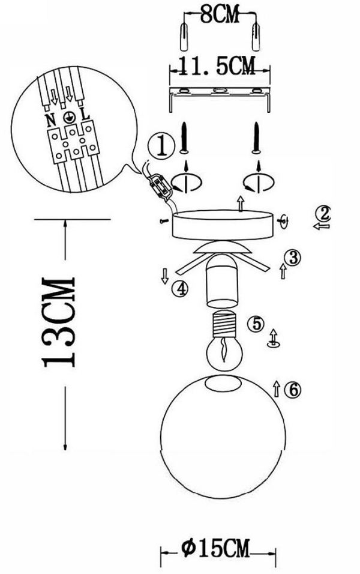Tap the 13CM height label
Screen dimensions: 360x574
coord(59,322)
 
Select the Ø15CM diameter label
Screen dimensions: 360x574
coord(216,548)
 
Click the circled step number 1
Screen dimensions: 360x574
coord(161,146)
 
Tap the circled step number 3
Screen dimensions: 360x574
coord(293,258)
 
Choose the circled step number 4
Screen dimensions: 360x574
coord(180,289)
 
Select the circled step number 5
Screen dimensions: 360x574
coord(256,324)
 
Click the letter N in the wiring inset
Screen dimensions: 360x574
coord(50,119)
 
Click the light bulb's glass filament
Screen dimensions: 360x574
coord(224,351)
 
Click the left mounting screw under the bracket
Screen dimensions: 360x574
coord(185,138)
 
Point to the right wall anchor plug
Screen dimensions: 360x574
coord(256,37)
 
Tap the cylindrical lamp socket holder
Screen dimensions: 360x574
coord(222,280)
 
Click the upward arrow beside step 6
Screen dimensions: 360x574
coord(277,388)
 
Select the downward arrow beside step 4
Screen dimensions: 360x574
coord(164,276)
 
